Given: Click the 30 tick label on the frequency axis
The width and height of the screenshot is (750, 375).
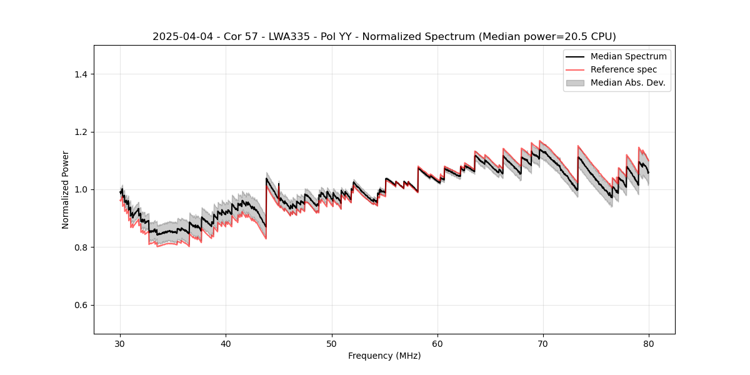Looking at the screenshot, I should (x=120, y=343).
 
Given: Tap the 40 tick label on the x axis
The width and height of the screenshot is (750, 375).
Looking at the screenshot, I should (x=226, y=343).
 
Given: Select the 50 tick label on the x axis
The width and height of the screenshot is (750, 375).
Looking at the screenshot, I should (x=332, y=343).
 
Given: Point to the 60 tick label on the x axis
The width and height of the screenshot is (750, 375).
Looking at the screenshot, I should (x=437, y=343).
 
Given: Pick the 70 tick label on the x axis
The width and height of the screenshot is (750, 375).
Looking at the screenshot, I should (x=543, y=343).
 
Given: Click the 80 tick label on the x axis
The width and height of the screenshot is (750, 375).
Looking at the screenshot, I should (x=649, y=343).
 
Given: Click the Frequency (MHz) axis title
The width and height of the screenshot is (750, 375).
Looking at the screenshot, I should (x=384, y=356).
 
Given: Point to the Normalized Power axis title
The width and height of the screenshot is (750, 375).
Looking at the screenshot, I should (x=66, y=189).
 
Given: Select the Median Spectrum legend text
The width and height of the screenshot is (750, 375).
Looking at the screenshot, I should (x=628, y=56).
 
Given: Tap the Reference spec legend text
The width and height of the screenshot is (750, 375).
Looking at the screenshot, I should (x=624, y=69).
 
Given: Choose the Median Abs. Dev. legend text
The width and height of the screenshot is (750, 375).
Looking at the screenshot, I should (x=627, y=82).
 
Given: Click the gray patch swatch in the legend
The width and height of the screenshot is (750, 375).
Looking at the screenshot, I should (x=575, y=82).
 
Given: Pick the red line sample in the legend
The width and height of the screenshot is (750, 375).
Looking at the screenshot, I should (x=575, y=69).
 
